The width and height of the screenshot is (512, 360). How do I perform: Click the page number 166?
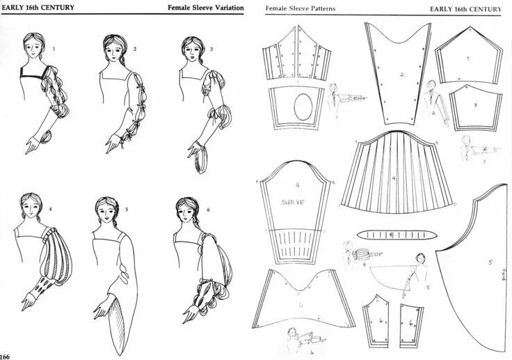point(6,356)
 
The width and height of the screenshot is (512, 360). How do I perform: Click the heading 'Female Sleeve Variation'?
point(205,8)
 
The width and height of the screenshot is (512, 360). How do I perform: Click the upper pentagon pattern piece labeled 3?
point(469,58)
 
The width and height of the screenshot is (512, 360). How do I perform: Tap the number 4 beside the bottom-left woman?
point(50,208)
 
